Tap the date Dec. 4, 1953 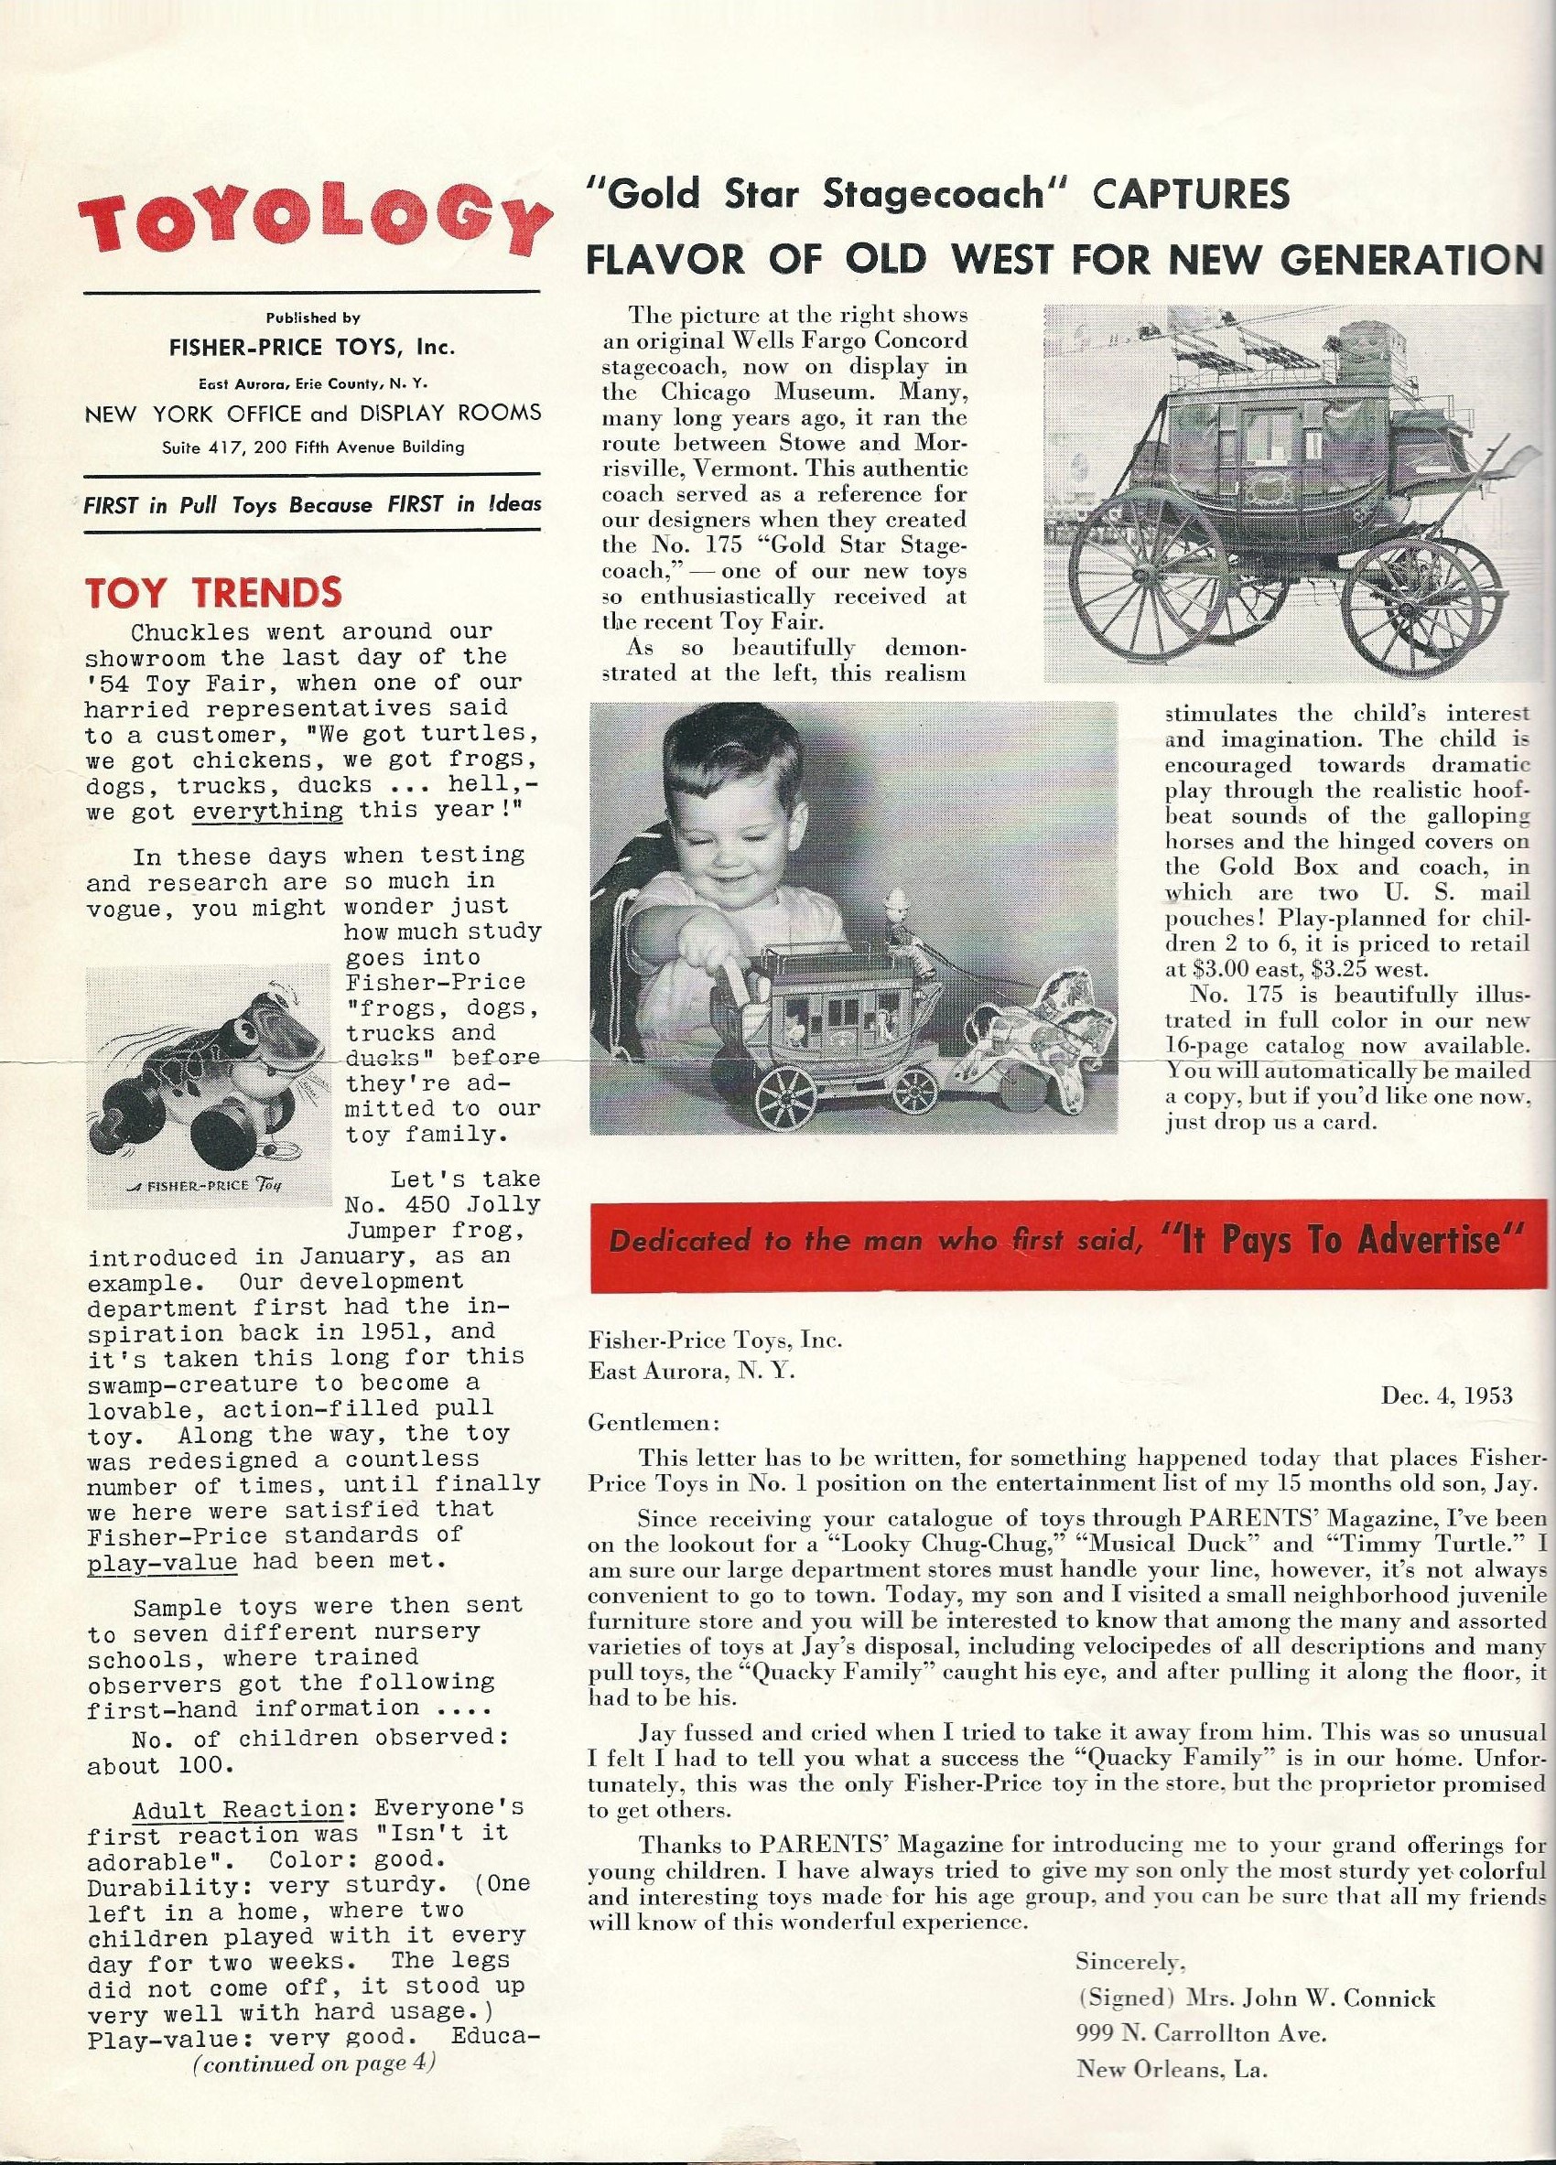click(1447, 1395)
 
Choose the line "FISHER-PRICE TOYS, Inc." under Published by click(312, 348)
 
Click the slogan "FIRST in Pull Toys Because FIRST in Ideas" click(312, 505)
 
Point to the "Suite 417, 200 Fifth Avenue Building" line click(312, 447)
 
